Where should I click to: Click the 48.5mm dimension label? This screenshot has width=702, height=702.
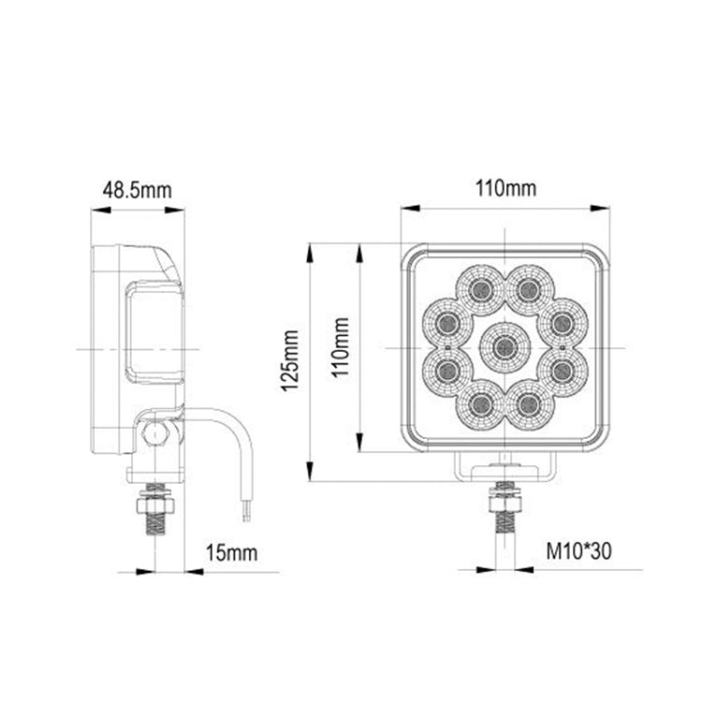click(x=138, y=190)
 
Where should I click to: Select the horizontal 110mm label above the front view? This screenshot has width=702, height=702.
click(x=505, y=189)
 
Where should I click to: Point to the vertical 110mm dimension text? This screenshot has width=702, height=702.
click(x=342, y=346)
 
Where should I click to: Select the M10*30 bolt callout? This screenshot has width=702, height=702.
click(x=578, y=552)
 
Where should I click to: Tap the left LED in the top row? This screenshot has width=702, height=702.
click(x=482, y=287)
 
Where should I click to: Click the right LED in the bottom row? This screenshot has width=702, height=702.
click(x=529, y=404)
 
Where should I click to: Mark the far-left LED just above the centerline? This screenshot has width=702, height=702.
click(x=447, y=323)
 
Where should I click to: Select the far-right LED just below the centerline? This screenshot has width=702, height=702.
click(x=563, y=371)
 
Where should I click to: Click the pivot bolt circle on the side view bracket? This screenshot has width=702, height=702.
click(x=154, y=431)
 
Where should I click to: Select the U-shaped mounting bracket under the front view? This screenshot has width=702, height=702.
click(x=505, y=466)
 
